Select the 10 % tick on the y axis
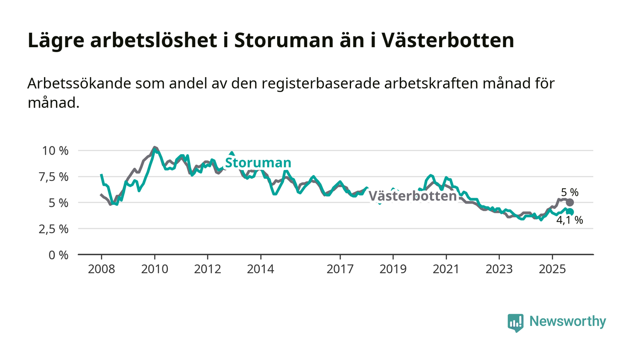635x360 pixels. pos(55,151)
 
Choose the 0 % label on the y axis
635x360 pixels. pos(59,255)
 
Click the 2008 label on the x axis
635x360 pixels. pos(101,269)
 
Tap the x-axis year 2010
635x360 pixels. pos(155,269)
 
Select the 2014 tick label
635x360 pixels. pos(260,269)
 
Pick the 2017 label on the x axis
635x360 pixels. pos(340,269)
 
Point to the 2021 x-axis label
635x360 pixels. pos(446,269)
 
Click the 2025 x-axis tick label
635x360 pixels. pos(552,269)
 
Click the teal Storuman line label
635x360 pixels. pos(258,163)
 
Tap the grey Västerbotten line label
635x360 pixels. pos(412,196)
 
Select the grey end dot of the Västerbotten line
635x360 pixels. pos(570,203)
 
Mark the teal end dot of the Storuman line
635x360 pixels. pos(570,212)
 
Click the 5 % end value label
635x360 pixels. pos(570,192)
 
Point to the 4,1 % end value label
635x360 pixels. pos(569,221)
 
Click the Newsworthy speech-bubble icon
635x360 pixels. pos(516,322)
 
